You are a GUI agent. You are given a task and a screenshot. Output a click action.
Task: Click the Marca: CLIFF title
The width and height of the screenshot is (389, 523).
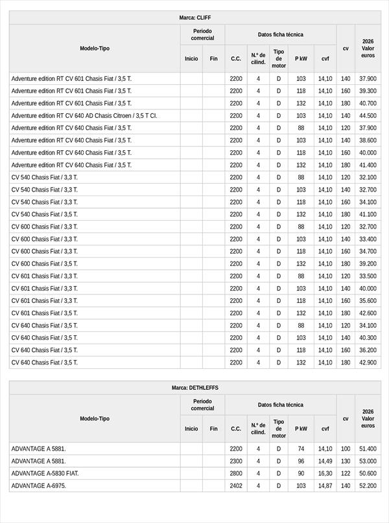tap(194, 17)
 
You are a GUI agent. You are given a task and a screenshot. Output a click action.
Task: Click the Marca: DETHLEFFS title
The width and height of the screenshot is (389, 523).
tap(194, 388)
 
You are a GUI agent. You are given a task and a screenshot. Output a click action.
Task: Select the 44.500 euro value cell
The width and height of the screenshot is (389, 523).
tap(368, 116)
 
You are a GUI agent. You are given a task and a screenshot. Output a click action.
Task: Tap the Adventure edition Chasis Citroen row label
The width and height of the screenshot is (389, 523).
tap(84, 116)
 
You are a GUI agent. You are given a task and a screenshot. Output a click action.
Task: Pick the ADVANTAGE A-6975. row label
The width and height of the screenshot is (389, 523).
tap(39, 485)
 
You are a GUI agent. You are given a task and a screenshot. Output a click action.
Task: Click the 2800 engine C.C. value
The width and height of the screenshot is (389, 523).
tap(236, 473)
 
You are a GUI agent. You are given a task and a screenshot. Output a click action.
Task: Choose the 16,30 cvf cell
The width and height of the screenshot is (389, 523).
tap(325, 473)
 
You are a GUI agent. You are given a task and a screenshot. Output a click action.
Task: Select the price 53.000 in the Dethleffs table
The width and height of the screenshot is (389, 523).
tap(368, 461)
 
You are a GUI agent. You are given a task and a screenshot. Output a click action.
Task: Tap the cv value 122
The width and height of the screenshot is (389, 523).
tap(346, 473)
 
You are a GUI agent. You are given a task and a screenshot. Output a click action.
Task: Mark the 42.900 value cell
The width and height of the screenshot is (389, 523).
tap(368, 362)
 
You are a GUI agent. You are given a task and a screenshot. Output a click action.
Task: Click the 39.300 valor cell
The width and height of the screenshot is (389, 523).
tap(368, 91)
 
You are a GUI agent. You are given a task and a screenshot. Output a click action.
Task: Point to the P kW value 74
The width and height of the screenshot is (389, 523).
tap(301, 449)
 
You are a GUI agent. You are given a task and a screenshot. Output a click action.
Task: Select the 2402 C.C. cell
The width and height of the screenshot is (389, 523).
tap(236, 485)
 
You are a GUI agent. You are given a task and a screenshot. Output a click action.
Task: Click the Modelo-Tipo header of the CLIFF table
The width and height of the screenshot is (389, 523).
tap(95, 49)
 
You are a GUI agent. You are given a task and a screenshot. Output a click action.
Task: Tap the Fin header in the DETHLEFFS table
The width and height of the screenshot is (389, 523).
tap(213, 428)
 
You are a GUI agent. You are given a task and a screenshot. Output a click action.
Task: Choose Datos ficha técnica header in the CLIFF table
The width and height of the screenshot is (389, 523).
tap(280, 34)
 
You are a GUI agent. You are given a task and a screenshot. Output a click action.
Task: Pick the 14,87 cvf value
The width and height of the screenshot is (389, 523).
tap(325, 485)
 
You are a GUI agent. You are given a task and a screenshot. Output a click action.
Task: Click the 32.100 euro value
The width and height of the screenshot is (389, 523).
tap(368, 177)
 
